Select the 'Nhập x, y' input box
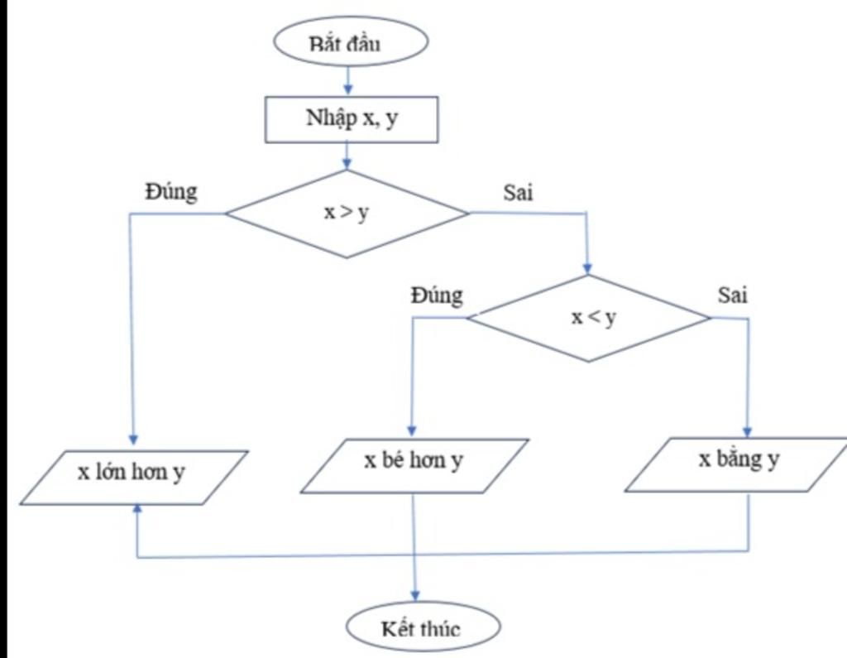(x=351, y=119)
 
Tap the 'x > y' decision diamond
(x=347, y=213)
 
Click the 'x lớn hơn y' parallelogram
(x=133, y=477)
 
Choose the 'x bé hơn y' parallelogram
(x=414, y=465)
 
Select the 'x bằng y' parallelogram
(x=737, y=463)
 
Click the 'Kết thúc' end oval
(x=423, y=629)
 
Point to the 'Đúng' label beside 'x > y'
(x=171, y=192)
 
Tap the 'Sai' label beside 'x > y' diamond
(x=518, y=193)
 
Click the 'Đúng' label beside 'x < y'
(x=436, y=295)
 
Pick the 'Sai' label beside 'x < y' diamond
(x=732, y=295)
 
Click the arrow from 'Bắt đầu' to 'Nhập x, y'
(x=347, y=79)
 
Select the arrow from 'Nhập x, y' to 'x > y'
(x=347, y=156)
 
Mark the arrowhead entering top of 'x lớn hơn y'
(x=132, y=441)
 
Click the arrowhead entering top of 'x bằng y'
(x=748, y=430)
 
